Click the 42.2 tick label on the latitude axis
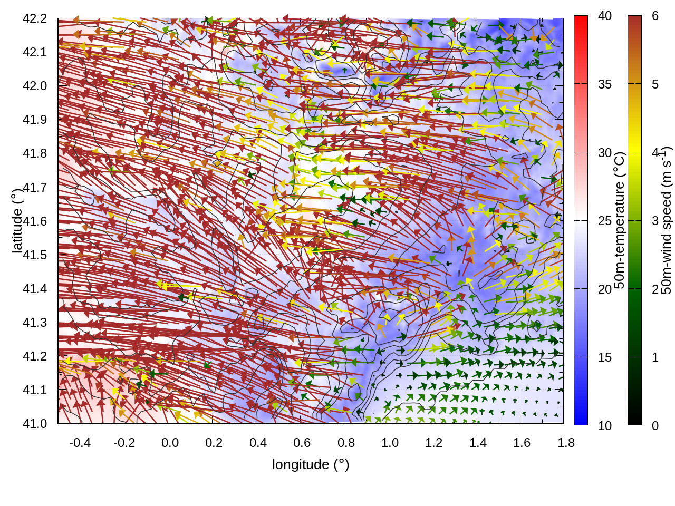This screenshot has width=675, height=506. [35, 18]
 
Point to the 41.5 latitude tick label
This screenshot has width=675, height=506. [35, 255]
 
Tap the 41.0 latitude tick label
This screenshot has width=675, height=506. [35, 424]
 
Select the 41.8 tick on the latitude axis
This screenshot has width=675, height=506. [35, 153]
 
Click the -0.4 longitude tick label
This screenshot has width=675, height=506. [80, 443]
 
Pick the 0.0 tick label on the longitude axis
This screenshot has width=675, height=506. [170, 443]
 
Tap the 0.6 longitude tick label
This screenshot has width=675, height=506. [302, 443]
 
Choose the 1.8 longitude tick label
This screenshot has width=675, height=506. [566, 443]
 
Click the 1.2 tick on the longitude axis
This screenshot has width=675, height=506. [434, 443]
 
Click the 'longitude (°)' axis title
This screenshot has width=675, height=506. [311, 464]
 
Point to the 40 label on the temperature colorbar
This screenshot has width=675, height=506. [605, 16]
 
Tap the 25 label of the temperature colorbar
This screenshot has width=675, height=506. [605, 221]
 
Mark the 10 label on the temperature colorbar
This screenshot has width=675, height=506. [605, 426]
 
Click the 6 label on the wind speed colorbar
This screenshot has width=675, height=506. [655, 16]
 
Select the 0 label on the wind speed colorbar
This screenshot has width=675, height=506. [655, 426]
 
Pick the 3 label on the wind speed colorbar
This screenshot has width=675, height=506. [655, 221]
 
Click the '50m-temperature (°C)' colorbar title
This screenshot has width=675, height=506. [620, 220]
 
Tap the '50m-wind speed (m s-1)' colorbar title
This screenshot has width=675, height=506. [667, 220]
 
